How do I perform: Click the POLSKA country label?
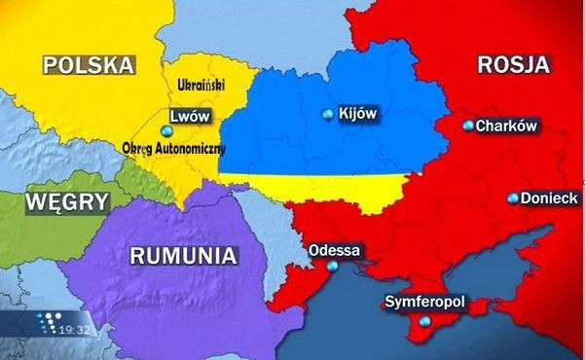(x=88, y=65)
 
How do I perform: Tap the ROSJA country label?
(x=514, y=65)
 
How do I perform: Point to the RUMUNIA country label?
(x=183, y=257)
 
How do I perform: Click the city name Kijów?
(x=356, y=114)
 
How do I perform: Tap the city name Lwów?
(x=191, y=116)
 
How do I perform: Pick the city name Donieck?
(x=549, y=198)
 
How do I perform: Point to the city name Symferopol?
(x=426, y=303)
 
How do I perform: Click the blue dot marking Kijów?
(x=327, y=115)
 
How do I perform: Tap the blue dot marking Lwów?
(x=165, y=130)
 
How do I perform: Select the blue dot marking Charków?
(x=468, y=126)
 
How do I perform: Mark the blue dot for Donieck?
(x=513, y=198)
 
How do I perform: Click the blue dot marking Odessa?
(x=334, y=266)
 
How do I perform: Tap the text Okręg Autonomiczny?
(x=175, y=149)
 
